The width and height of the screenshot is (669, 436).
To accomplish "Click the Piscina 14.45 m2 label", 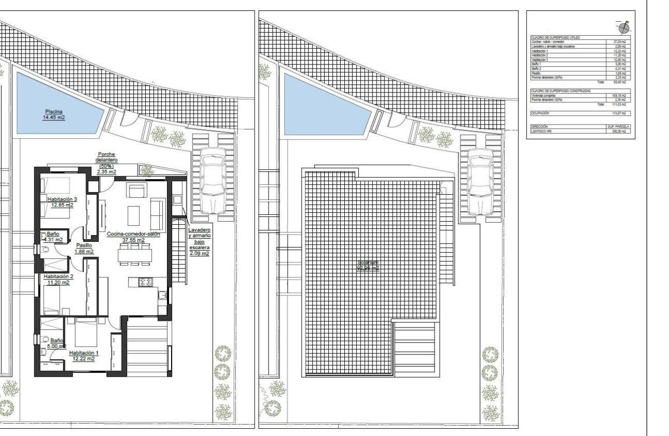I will point(53,114).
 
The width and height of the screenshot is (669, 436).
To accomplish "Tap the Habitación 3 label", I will point(62,202).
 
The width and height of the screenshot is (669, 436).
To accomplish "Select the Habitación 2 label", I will point(58,279).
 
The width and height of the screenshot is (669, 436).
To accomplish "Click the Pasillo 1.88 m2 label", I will point(83,248).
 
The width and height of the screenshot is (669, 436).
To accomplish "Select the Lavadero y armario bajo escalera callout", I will point(199,241).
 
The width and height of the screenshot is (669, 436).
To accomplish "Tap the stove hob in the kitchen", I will point(145,282).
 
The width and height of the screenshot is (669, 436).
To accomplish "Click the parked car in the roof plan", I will point(480,182).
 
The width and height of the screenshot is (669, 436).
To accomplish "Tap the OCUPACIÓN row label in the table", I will point(540,113).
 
